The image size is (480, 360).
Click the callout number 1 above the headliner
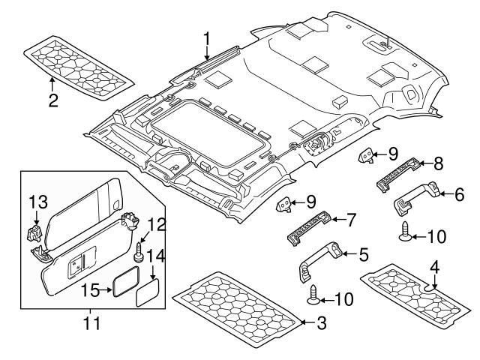tap(207, 37)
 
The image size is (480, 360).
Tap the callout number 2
tap(52, 100)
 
